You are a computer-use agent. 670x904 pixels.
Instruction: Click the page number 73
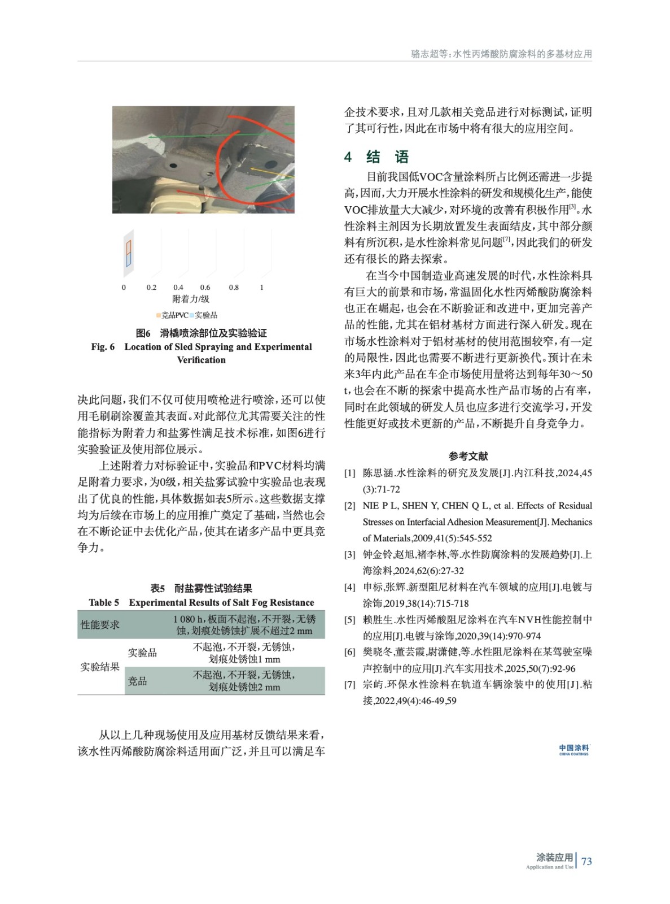tap(586, 861)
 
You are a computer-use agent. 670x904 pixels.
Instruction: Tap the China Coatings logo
tap(573, 750)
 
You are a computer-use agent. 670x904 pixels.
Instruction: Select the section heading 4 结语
tap(376, 157)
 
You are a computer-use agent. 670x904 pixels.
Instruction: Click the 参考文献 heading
tap(468, 456)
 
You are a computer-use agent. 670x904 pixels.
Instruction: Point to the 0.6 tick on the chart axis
tap(205, 288)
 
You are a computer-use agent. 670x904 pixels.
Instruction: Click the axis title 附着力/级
tap(191, 299)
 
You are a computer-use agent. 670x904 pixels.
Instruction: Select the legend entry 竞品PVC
tap(173, 315)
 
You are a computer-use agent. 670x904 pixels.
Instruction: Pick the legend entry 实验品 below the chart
tap(204, 315)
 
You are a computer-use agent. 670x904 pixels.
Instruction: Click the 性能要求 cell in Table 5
tap(100, 625)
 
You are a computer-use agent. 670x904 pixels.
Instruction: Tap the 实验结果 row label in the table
tap(100, 667)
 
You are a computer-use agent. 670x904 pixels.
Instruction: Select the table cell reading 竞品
tap(137, 681)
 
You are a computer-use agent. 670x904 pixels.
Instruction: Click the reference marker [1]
tap(350, 473)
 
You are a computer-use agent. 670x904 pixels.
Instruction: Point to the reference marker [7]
tap(350, 685)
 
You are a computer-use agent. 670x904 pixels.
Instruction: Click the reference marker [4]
tap(350, 588)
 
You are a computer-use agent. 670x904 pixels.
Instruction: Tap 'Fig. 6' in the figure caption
tap(103, 347)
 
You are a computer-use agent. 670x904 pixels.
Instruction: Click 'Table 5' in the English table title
tap(104, 602)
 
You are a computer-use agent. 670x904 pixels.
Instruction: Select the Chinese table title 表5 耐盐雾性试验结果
tap(201, 588)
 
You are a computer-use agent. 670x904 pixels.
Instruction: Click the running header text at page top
tap(501, 54)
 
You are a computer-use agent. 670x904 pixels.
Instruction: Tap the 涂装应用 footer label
tap(554, 858)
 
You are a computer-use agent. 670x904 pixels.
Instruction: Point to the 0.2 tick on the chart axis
tap(151, 288)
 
